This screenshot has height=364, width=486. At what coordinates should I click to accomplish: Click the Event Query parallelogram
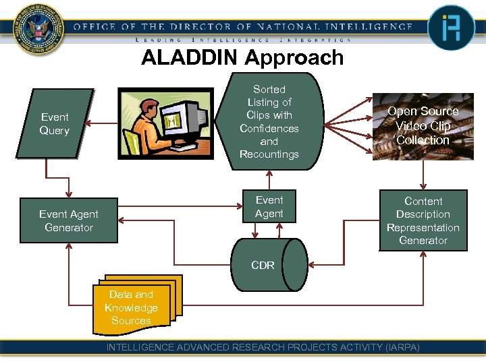(55, 124)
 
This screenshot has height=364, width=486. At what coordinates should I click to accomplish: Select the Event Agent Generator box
(69, 220)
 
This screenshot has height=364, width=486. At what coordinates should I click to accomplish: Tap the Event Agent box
(269, 207)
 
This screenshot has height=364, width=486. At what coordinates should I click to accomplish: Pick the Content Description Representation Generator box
(423, 220)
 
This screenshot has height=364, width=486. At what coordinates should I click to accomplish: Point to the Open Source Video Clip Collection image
(423, 126)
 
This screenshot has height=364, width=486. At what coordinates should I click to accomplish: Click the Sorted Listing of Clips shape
(269, 122)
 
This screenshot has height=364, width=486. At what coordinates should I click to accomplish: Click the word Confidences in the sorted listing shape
(269, 129)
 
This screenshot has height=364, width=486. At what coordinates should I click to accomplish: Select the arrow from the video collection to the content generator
(423, 175)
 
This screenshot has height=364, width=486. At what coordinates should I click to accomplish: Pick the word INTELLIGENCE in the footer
(140, 347)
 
